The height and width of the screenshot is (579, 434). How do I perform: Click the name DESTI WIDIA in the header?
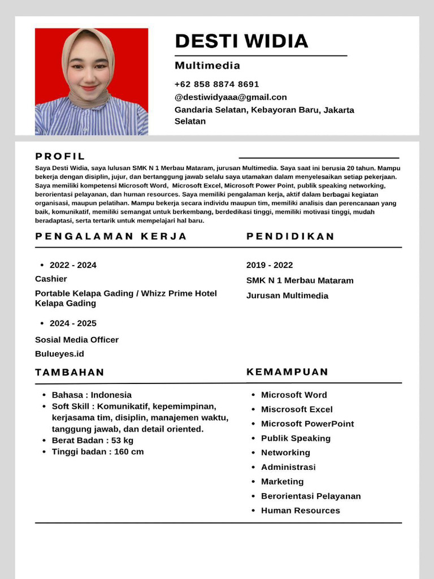[x=241, y=41]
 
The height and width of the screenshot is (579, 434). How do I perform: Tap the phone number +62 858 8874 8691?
[x=216, y=84]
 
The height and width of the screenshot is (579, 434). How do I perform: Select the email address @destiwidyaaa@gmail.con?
[x=231, y=97]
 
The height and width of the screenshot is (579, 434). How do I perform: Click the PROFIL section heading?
[x=60, y=157]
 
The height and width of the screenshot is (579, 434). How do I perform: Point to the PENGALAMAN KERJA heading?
[x=111, y=236]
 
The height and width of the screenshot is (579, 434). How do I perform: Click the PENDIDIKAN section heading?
[x=290, y=236]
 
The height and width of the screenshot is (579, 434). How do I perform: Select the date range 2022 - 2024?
[x=73, y=265]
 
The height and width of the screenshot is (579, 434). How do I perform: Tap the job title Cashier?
[x=51, y=279]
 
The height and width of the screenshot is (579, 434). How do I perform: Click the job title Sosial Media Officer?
[x=77, y=340]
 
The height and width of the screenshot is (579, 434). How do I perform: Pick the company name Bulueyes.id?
[x=59, y=354]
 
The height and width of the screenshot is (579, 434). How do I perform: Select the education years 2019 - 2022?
[x=270, y=265]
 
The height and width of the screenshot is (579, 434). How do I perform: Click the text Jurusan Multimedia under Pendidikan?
[x=287, y=296]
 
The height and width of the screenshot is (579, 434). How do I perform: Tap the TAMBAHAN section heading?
[x=70, y=372]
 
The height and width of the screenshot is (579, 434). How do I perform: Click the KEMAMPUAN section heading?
[x=287, y=372]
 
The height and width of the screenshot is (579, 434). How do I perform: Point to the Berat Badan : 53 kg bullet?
[x=93, y=440]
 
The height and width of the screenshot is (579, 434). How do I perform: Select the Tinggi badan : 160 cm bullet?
[x=98, y=452]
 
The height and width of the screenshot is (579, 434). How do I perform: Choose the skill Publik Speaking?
[x=296, y=438]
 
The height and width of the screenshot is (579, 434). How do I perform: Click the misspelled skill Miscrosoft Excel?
[x=297, y=409]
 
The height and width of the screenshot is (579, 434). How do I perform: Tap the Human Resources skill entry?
[x=300, y=511]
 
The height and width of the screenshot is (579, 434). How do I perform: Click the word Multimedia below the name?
[x=207, y=66]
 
